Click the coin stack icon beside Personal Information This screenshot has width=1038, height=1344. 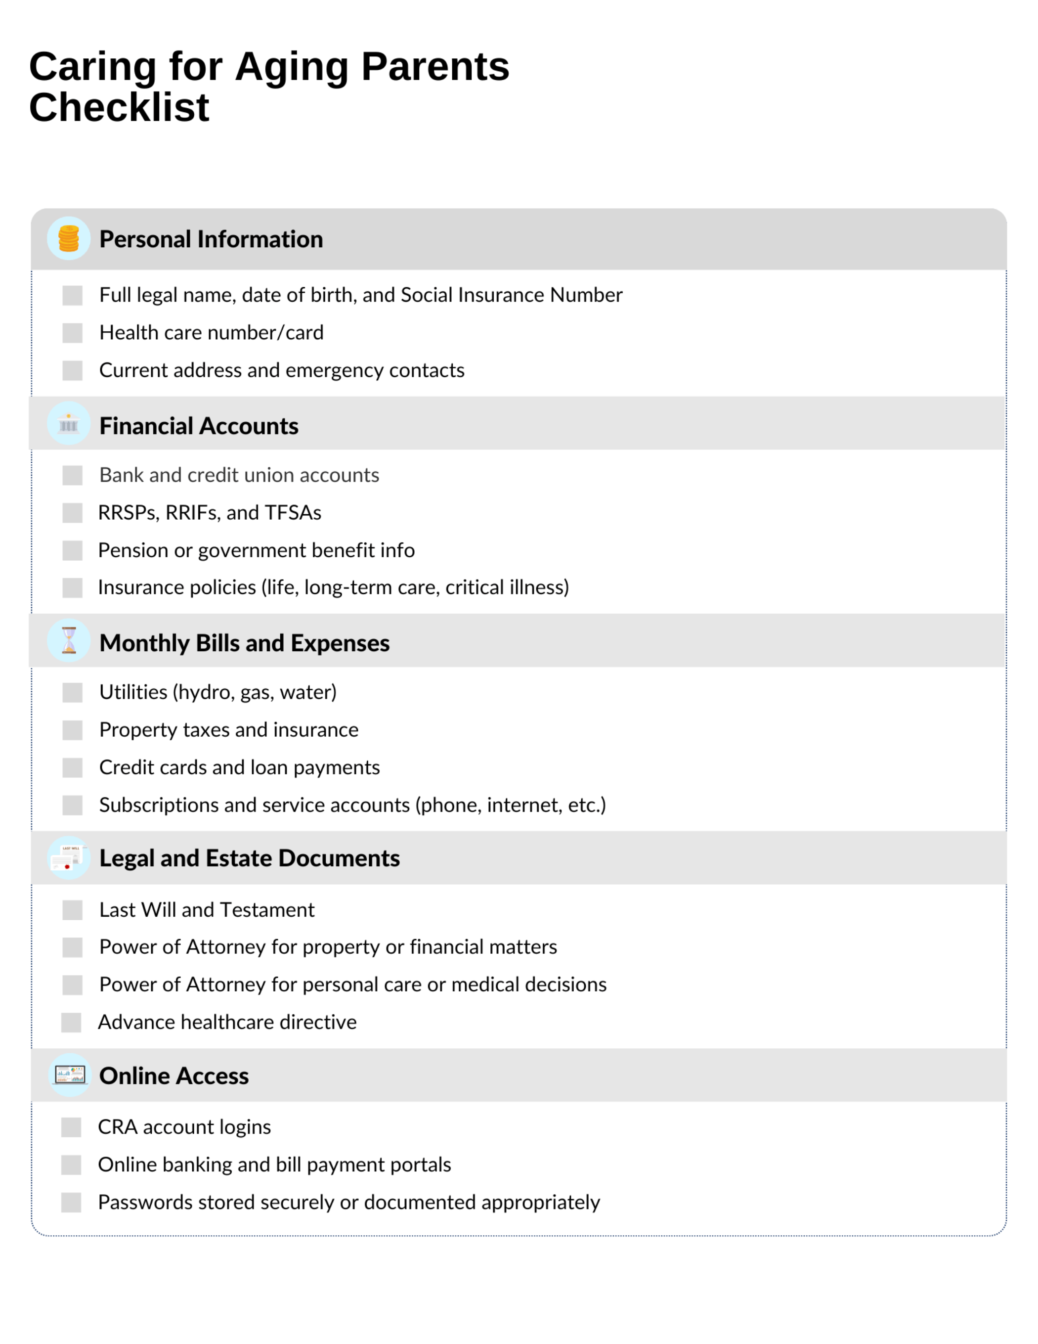[68, 238]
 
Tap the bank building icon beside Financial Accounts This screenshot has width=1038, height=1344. [68, 424]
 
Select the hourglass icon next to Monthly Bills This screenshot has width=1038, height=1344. [68, 641]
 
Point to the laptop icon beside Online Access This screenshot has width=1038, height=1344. [70, 1075]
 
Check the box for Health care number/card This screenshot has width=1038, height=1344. [72, 333]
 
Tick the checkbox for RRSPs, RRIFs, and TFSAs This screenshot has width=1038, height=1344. [72, 513]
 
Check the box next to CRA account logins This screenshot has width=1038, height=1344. [71, 1127]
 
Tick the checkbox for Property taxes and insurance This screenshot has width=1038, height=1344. [72, 730]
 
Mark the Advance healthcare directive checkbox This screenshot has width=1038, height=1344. [71, 1022]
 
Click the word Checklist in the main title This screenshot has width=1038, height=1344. [119, 107]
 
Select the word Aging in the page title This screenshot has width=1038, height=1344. [292, 66]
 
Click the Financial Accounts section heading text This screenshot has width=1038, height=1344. [199, 426]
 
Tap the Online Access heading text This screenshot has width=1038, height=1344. [174, 1075]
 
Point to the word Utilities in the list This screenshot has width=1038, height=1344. [133, 692]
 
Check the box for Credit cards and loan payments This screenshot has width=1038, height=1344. [72, 767]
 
